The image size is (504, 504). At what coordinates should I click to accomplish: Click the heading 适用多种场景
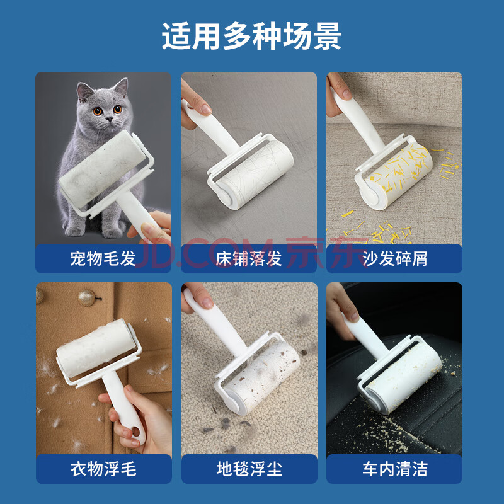point(251,36)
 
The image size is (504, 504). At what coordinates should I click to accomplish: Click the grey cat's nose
point(110,119)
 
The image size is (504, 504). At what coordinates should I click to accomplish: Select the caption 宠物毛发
point(103,258)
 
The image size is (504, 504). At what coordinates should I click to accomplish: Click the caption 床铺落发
point(249,258)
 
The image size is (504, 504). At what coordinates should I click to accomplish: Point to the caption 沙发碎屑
point(395,258)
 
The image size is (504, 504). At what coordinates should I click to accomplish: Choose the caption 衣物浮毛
point(103,469)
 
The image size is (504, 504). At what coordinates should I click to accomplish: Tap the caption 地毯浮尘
point(249,469)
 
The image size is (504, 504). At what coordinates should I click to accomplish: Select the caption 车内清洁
point(395,469)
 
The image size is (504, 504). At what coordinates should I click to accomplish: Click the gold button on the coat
point(86,297)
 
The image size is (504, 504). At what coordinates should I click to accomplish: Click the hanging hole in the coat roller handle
point(136,432)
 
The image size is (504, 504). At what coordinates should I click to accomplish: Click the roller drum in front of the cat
point(102,168)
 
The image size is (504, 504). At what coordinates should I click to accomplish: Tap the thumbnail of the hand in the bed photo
point(205,109)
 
